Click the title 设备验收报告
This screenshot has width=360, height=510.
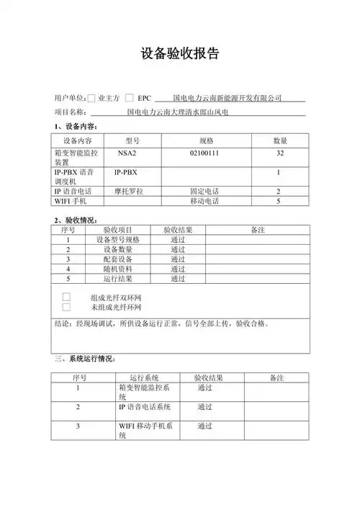(x=179, y=55)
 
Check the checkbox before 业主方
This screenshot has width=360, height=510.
(x=91, y=97)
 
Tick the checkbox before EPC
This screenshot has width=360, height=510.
(x=129, y=97)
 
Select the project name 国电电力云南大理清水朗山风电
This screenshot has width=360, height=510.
(x=177, y=112)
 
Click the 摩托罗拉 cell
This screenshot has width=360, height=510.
(x=129, y=192)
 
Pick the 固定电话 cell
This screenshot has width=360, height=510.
(x=204, y=192)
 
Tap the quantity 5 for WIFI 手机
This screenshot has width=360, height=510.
(x=279, y=202)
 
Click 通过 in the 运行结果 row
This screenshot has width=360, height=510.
(x=178, y=278)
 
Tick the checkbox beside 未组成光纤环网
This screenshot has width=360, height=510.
(x=67, y=308)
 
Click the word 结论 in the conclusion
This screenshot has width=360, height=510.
(x=63, y=324)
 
